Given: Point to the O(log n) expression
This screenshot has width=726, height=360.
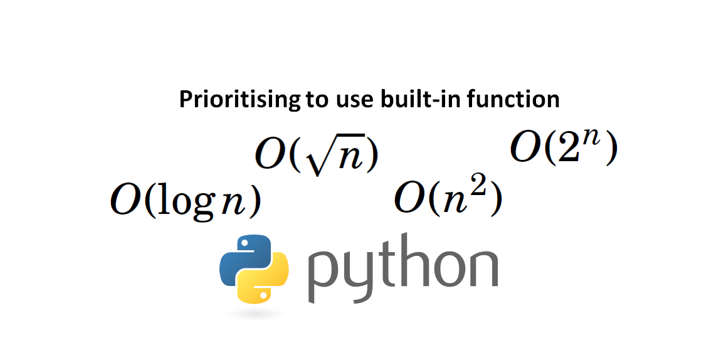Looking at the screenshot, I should (x=186, y=201).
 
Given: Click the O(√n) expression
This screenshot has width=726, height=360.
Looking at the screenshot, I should (x=317, y=156).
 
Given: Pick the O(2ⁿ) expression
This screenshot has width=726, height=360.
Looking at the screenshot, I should (x=564, y=148).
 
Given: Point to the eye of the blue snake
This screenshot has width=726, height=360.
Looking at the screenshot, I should (x=242, y=245).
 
